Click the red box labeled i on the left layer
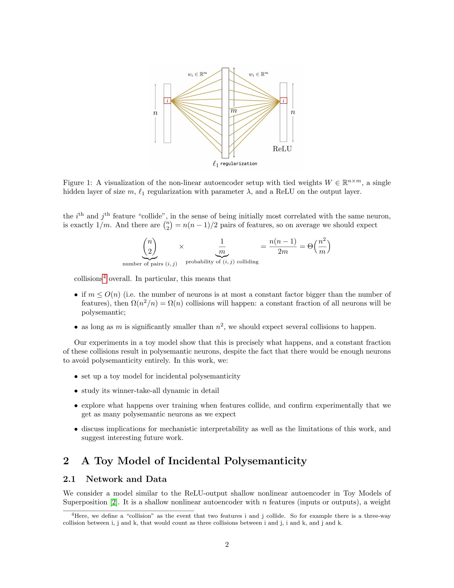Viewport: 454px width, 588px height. click(x=167, y=101)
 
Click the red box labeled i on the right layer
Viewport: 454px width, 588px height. click(x=283, y=100)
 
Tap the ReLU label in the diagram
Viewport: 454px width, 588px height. click(x=282, y=149)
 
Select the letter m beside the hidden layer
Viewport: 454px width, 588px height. click(x=234, y=111)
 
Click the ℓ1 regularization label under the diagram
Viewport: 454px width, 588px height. click(x=235, y=164)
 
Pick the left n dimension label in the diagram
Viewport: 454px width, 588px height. click(x=155, y=113)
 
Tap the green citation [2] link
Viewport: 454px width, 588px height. click(x=114, y=502)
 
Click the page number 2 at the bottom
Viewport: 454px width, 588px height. click(x=227, y=545)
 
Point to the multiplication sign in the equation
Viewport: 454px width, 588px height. click(x=182, y=247)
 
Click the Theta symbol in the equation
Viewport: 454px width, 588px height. click(x=310, y=246)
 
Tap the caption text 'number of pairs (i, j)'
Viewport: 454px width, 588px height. click(x=150, y=264)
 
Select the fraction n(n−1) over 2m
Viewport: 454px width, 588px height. click(x=283, y=246)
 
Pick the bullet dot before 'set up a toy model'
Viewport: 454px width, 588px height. click(x=76, y=377)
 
